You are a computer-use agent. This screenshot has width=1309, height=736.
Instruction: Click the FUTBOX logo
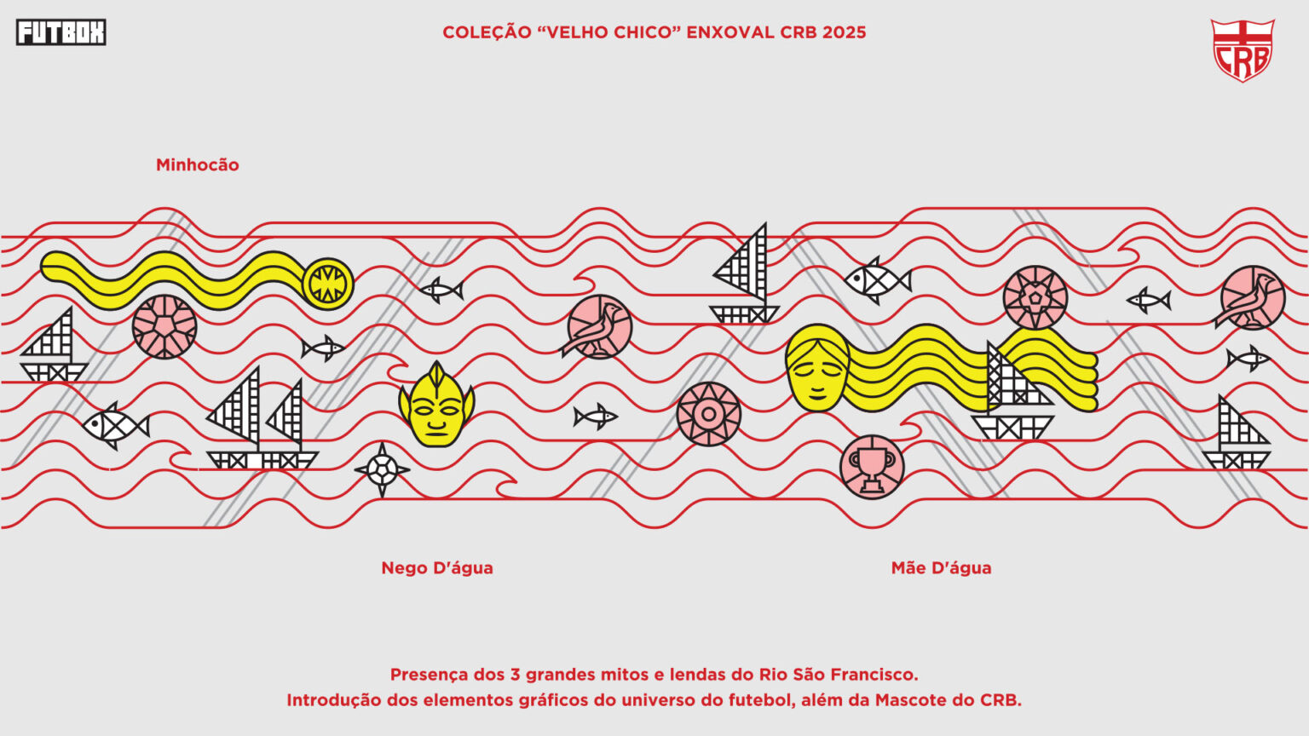click(61, 32)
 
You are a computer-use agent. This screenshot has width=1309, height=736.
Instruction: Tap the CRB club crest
click(1243, 50)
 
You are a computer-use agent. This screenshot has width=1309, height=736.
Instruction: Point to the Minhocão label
click(198, 164)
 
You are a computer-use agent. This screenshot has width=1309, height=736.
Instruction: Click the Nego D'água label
click(437, 568)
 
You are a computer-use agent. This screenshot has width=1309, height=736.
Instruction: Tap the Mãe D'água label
click(942, 568)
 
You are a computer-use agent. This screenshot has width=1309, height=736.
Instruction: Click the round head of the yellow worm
click(328, 284)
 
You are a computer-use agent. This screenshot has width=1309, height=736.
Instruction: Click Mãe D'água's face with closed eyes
click(817, 368)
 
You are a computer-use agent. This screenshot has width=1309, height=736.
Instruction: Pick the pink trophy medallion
click(872, 468)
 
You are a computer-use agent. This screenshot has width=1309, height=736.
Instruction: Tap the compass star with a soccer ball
click(382, 469)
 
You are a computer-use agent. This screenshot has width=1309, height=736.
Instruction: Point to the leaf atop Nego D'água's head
click(437, 375)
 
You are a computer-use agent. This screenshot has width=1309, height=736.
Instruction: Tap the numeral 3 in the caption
click(515, 675)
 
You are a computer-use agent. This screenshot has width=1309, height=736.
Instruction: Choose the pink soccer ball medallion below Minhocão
click(164, 326)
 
